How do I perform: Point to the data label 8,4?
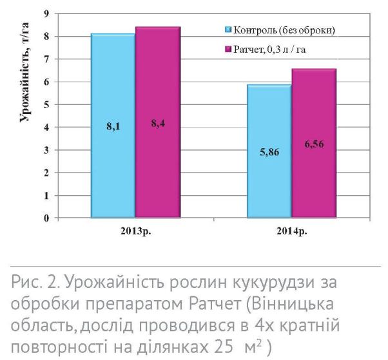[159, 124]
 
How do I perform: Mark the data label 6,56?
[314, 144]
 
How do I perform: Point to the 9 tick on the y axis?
[45, 14]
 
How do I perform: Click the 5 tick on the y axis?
[45, 104]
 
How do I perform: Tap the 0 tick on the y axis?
[45, 218]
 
